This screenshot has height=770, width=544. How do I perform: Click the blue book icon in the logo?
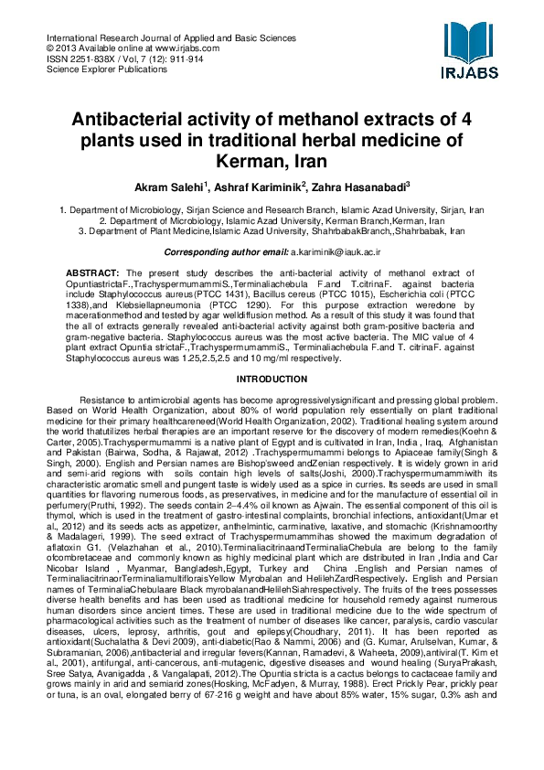(x=472, y=41)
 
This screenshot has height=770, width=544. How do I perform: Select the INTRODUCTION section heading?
(x=272, y=378)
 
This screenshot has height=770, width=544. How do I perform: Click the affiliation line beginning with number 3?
(x=272, y=231)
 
